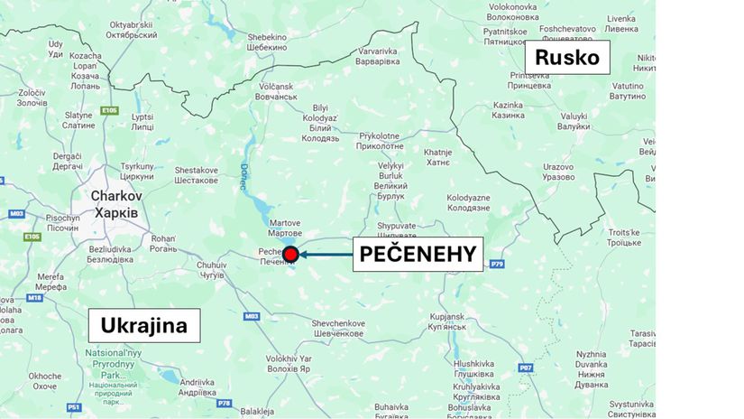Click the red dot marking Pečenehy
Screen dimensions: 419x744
coord(290,255)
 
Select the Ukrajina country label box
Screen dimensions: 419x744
coord(143,325)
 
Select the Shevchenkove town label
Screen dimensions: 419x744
coord(337,329)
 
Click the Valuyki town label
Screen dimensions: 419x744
coord(574,122)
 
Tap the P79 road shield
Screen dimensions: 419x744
coord(496,264)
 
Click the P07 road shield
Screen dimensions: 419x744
coord(526,368)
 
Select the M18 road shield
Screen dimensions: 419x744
coord(35,297)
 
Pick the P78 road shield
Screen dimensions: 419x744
coord(225,403)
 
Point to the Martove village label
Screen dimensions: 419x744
coord(284,228)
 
